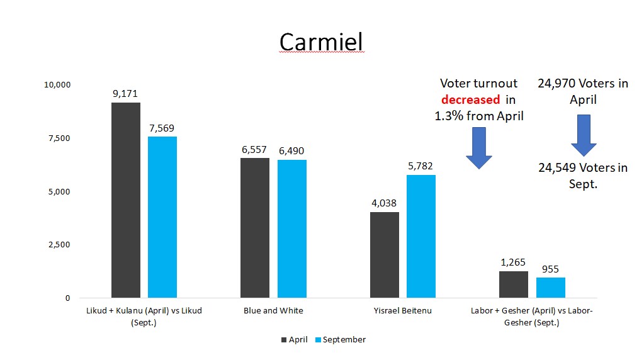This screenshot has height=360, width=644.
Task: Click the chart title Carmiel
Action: (x=321, y=42)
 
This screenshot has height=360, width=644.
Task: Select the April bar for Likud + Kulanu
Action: (x=126, y=200)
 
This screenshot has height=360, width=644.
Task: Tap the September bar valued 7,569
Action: (x=162, y=217)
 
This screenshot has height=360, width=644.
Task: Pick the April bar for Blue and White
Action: (x=255, y=227)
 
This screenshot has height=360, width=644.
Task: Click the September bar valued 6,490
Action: (x=292, y=228)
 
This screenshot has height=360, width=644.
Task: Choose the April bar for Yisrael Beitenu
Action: (x=385, y=254)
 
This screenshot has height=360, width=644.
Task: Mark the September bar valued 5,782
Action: (x=421, y=236)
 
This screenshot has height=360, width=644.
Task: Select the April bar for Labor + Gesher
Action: (x=514, y=284)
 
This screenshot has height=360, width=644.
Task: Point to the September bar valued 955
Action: (x=551, y=287)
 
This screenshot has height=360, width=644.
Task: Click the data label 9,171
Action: (x=126, y=94)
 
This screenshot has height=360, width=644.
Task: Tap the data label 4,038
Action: (x=385, y=203)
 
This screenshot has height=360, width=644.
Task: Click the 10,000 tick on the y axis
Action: (x=57, y=85)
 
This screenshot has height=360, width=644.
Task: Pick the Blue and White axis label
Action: (x=273, y=311)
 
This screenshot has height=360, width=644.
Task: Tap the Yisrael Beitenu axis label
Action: (x=403, y=311)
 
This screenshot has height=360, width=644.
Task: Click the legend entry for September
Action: (x=341, y=340)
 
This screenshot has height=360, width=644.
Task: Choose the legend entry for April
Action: (x=294, y=340)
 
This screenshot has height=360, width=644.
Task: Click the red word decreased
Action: (x=470, y=99)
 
